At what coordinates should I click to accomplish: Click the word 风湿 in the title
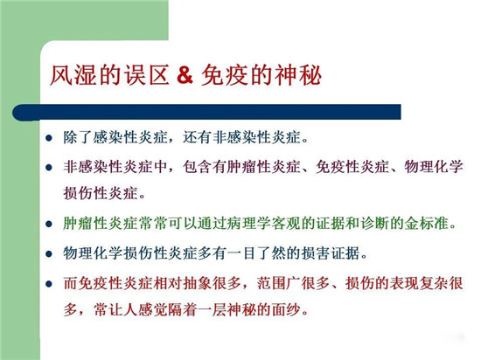click(73, 75)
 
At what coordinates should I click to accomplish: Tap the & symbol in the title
click(185, 75)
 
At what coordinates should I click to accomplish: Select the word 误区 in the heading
click(147, 75)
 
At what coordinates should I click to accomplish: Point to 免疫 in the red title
click(225, 75)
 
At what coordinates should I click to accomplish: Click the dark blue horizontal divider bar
click(206, 112)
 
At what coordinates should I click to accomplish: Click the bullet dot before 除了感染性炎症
click(49, 138)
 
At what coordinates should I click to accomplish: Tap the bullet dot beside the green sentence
click(49, 225)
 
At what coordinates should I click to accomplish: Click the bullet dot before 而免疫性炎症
click(49, 284)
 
